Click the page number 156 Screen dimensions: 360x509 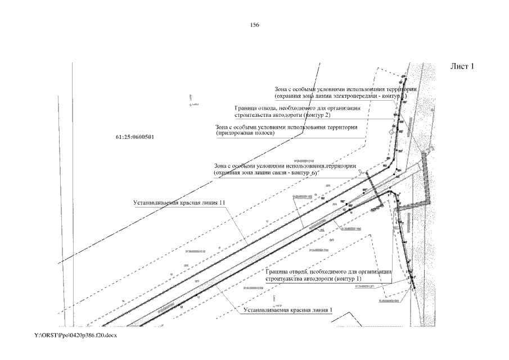[x=254, y=25]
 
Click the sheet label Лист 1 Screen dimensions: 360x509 [x=463, y=66]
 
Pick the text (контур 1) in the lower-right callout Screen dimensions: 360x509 [x=347, y=278]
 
